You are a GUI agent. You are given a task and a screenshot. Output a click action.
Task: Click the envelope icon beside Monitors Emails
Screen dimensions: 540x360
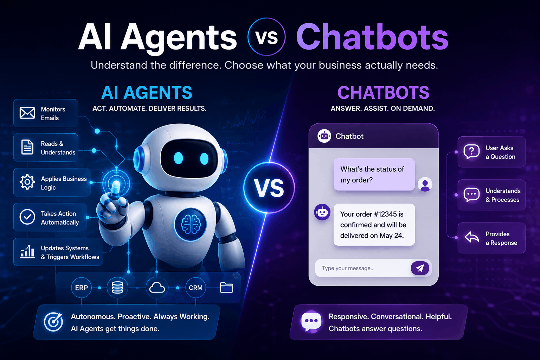tap(27, 113)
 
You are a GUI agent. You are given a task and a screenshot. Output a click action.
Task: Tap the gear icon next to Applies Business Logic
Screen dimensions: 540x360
tap(27, 182)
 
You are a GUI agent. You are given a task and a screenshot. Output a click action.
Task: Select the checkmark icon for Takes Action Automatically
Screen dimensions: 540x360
tap(27, 217)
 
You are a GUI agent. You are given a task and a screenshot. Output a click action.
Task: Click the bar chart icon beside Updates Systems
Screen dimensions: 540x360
tap(27, 252)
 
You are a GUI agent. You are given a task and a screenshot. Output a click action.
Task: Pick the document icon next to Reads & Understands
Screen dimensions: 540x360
tap(27, 147)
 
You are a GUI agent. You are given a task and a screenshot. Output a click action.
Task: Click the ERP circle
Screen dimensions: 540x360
tap(82, 288)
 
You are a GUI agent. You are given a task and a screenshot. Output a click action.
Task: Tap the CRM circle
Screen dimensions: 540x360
tap(195, 288)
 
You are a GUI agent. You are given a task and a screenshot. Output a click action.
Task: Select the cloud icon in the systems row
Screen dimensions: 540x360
tap(157, 288)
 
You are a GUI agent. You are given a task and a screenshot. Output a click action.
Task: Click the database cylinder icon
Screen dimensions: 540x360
tap(117, 288)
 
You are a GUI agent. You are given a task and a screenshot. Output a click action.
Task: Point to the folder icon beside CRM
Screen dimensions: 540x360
tap(226, 288)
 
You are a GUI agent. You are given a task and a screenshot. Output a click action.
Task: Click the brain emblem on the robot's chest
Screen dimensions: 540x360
tap(191, 225)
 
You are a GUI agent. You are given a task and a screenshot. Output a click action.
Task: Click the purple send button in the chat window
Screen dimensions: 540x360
tap(420, 268)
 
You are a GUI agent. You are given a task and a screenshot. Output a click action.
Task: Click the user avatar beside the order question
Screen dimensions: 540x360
tap(425, 185)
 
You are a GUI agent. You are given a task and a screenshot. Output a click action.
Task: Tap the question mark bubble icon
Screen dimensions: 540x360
tap(471, 152)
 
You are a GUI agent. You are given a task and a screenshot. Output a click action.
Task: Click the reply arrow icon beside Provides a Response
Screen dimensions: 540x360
tap(472, 238)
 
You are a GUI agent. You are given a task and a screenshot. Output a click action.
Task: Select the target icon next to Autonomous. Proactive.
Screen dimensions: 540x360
tap(53, 322)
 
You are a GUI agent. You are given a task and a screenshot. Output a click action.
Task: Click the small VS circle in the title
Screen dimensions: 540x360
tap(266, 37)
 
